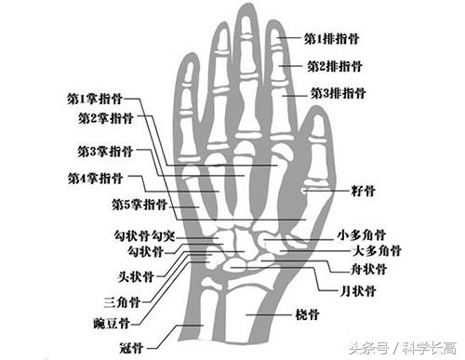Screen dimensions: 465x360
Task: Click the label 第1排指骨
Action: click(x=332, y=40)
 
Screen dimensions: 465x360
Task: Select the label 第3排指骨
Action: click(x=337, y=94)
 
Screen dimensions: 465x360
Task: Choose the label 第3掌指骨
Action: click(x=104, y=151)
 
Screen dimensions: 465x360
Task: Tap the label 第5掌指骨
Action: click(x=139, y=204)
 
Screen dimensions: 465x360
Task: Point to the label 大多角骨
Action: click(x=376, y=252)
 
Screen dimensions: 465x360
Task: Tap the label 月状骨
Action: click(x=358, y=291)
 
